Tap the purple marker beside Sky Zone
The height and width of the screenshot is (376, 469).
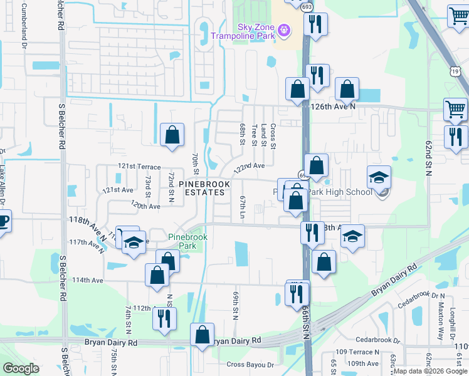point(284,29)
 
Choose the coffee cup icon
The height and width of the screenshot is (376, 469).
point(3,221)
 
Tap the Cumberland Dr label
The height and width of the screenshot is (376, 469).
point(25,26)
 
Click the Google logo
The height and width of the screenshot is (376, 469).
point(21,368)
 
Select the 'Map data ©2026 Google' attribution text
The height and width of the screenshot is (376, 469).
point(430,371)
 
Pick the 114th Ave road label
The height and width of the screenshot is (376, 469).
point(88,280)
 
